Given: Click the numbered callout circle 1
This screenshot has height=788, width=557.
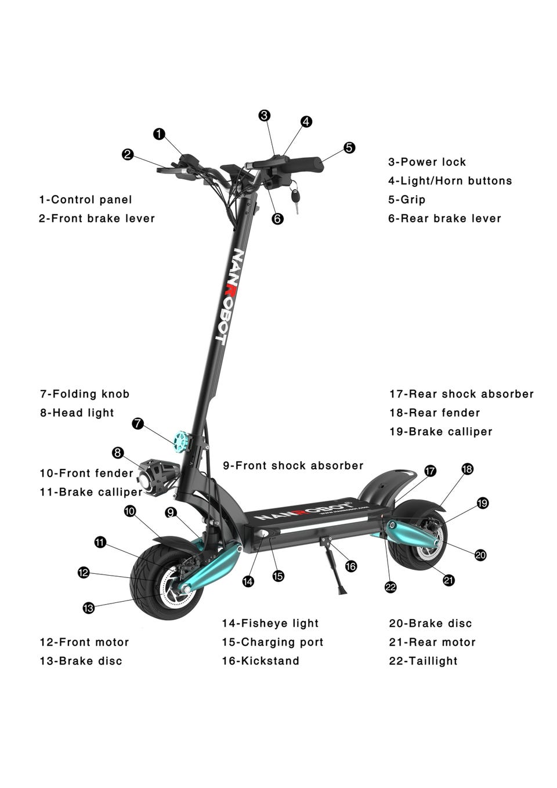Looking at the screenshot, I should tap(159, 134).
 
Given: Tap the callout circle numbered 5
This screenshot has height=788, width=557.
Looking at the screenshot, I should tap(349, 147).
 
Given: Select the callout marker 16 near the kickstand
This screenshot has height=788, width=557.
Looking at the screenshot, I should tap(350, 566).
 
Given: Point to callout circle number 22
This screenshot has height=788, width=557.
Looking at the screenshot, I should tap(390, 587).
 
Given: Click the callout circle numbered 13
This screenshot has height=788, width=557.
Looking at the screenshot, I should tap(88, 608).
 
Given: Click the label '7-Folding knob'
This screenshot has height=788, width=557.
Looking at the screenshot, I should tap(85, 394).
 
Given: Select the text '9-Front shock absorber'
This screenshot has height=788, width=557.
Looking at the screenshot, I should tap(293, 465).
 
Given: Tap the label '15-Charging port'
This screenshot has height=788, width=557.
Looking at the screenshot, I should tap(272, 642).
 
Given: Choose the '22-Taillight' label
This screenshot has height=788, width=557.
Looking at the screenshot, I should tap(423, 661).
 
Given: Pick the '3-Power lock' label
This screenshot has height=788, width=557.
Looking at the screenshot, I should tap(427, 162).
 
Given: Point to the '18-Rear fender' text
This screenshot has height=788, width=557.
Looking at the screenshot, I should tap(435, 413).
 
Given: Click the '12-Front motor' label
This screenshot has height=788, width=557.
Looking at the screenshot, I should tap(84, 642).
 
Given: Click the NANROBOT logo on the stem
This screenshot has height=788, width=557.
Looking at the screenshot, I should tap(229, 296).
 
